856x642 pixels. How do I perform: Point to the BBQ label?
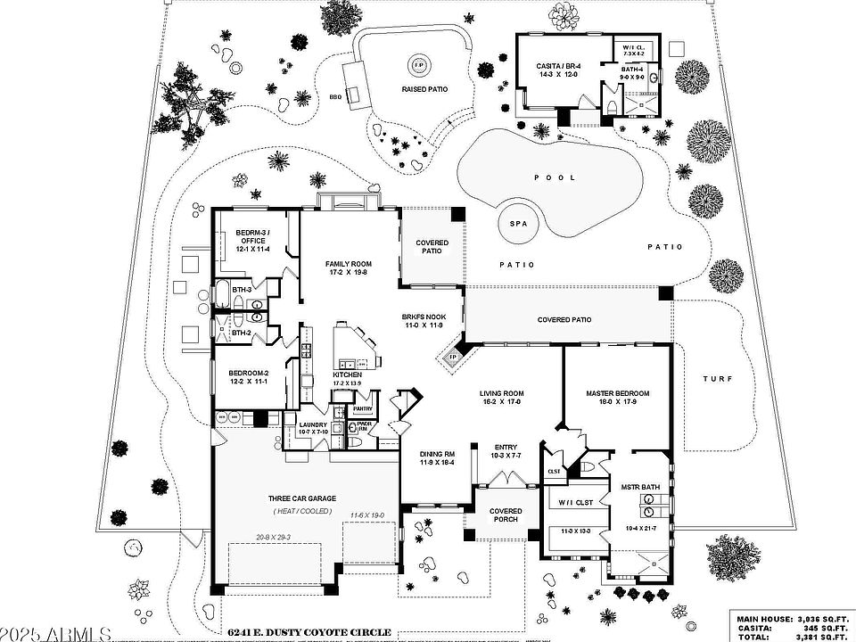[x=336, y=96]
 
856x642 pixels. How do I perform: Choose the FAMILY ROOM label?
[x=349, y=264]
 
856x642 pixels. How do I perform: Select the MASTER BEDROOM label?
[x=617, y=393]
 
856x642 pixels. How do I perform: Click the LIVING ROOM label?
[x=501, y=393]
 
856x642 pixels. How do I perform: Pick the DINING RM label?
[x=438, y=455]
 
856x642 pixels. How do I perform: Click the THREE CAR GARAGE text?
[x=300, y=498]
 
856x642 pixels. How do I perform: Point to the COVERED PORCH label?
[x=506, y=515]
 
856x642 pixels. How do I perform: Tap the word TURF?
[x=717, y=379]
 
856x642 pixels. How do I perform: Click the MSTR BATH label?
[x=640, y=487]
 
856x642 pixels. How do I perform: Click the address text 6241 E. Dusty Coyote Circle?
[x=309, y=632]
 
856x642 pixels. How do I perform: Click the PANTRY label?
[x=362, y=409]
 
